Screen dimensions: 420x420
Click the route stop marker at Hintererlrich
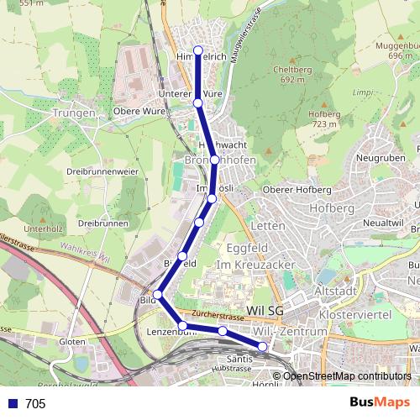coord(198,50)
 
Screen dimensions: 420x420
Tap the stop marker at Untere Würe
coord(198,102)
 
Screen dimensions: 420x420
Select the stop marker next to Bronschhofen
coord(215,159)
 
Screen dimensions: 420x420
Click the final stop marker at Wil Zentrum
coord(262,346)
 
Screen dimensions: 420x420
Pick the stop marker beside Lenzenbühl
coord(182,325)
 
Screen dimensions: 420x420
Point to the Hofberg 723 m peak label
coord(324,118)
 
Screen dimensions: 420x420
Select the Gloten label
coord(73,342)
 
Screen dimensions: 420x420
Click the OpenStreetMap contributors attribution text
coord(348,375)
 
